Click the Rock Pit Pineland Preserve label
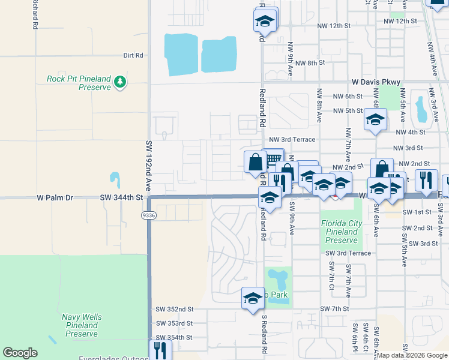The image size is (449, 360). coord(79,83)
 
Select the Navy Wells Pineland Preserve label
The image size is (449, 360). coord(82,325)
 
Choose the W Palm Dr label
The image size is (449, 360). coord(54,197)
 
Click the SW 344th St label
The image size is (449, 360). coord(122,197)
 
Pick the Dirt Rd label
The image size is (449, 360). coord(133,55)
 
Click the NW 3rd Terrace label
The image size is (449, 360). coord(292,139)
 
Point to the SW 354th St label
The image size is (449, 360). coord(174,337)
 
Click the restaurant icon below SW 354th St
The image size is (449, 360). coord(160,349)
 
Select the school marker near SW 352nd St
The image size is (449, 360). coord(253,297)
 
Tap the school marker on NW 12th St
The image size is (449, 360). coord(264,21)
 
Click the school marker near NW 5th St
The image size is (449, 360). coord(375,121)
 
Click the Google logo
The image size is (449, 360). coord(20,353)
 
